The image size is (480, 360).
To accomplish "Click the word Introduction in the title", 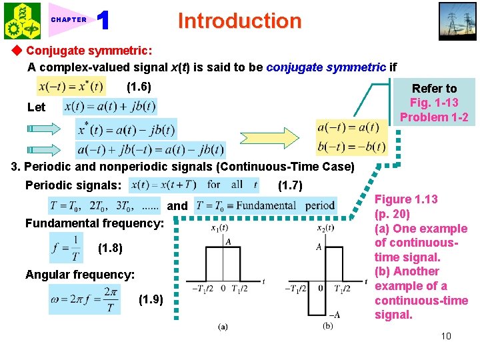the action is [x=239, y=21].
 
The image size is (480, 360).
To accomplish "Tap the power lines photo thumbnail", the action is [x=457, y=22].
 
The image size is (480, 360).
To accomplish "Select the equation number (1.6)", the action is [x=139, y=87].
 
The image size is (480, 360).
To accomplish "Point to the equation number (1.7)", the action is [x=291, y=185].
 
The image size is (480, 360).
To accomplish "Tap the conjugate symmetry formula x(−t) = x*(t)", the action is [x=71, y=87].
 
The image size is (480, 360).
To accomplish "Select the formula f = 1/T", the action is [x=67, y=248].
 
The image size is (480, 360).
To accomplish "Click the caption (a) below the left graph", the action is [x=222, y=327].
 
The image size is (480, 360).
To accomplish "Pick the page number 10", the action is [x=445, y=335].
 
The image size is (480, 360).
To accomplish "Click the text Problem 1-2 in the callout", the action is [x=434, y=117].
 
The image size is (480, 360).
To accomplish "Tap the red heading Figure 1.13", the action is [x=406, y=199].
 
